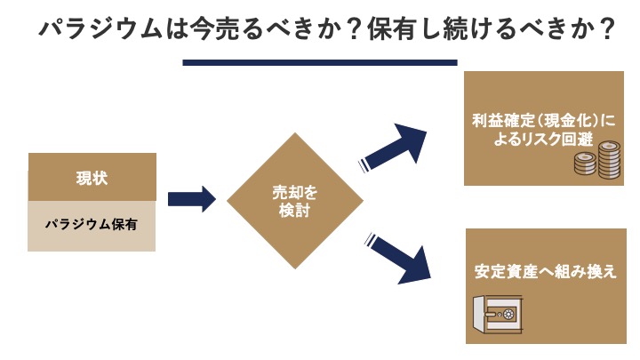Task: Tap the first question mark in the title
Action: pos(348,30)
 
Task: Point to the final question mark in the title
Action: pos(608,30)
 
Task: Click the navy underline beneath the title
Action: pos(319,62)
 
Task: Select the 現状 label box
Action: pos(92,177)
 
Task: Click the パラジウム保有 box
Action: pos(92,225)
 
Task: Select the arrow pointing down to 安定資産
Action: pos(400,258)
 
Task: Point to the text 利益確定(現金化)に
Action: pos(545,120)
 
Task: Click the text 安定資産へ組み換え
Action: pos(545,271)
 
